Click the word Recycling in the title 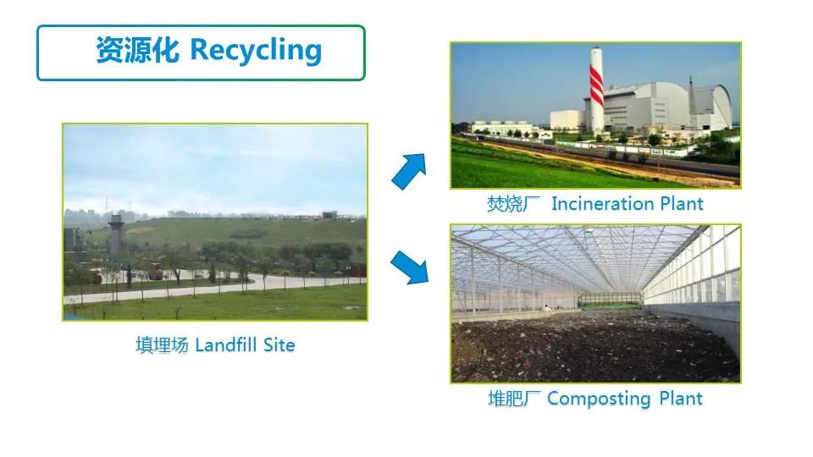(x=256, y=51)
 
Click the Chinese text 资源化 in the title (x=138, y=50)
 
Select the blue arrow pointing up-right (x=410, y=171)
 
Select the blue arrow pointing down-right (x=410, y=267)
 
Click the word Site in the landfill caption (x=279, y=344)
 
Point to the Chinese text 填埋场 (x=162, y=344)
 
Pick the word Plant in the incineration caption (x=681, y=204)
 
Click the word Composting (x=599, y=399)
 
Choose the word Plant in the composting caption (x=681, y=399)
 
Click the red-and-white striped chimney (x=596, y=91)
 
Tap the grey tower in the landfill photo (x=116, y=236)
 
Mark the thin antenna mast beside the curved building (x=691, y=103)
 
